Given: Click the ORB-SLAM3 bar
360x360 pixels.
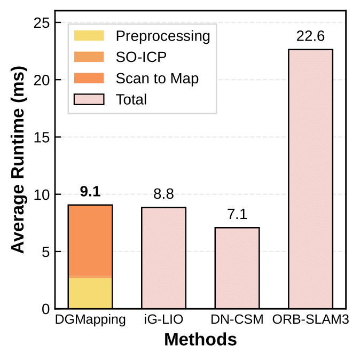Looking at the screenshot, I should [310, 179].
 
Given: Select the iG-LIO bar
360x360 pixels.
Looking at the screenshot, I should [163, 258].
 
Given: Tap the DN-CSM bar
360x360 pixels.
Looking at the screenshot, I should [237, 268].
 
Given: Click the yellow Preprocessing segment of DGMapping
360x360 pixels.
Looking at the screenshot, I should [90, 293].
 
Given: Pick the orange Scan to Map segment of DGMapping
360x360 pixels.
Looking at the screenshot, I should [90, 240].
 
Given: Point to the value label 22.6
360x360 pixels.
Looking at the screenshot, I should [310, 37].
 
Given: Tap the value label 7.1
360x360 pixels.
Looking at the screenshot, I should [237, 215].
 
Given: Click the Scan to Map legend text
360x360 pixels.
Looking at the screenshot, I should [157, 79].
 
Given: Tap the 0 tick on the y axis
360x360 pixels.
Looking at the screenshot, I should [45, 309].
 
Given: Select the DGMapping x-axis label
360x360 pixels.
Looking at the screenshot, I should [90, 320].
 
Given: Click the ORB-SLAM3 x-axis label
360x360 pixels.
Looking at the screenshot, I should [310, 320].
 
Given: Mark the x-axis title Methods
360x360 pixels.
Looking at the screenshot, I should [200, 340].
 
